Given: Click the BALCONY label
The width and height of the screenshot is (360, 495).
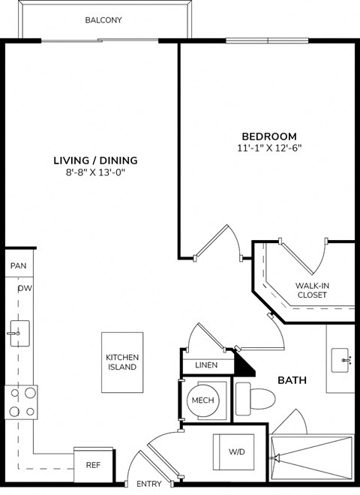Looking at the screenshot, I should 103,20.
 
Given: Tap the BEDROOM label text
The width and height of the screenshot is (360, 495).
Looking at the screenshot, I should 268,136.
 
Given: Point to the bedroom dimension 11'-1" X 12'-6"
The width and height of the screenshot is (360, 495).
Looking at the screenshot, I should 268,148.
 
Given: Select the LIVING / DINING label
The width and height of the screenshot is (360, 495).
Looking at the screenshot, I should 95,160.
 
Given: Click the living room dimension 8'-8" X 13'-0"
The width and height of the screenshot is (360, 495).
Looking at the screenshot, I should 95,172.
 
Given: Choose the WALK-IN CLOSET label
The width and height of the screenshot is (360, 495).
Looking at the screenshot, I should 312,290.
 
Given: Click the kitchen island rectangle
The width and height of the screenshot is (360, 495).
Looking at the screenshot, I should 121,362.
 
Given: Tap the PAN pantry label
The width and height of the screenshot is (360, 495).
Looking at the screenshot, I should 18,266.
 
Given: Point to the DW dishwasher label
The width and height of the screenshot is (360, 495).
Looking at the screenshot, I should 24,288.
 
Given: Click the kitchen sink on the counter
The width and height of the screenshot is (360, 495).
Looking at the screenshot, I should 19,331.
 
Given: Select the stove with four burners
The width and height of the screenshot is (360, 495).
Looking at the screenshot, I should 21,401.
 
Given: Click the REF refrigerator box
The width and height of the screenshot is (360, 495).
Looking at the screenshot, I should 92,465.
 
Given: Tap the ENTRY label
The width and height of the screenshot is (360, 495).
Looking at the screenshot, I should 148,484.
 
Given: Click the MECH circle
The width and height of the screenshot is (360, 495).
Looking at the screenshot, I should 202,400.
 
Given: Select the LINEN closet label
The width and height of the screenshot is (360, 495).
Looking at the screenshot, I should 205,365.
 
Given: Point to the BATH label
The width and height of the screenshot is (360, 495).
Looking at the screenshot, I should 292,380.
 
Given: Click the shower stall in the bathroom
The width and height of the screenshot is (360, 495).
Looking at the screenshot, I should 311,460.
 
